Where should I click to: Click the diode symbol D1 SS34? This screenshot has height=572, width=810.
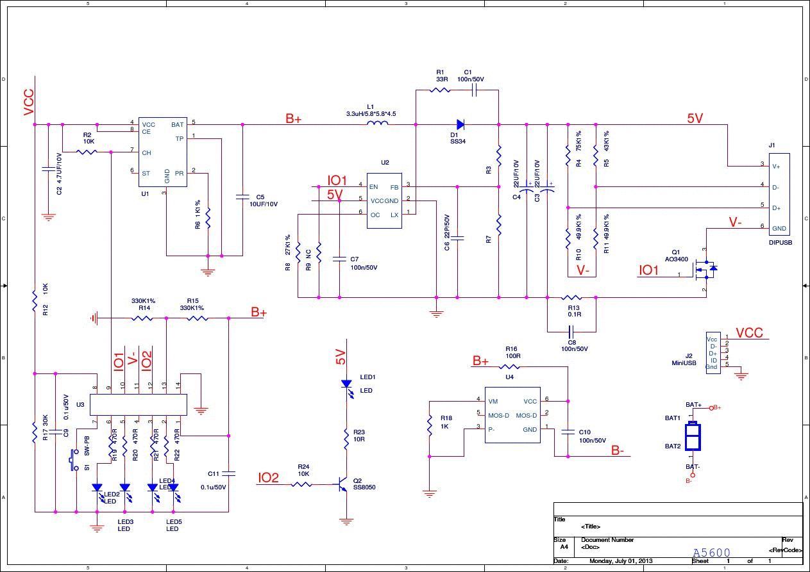(x=460, y=124)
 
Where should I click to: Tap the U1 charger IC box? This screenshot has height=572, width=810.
(x=164, y=152)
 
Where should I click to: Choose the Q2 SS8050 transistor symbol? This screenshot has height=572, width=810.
(x=344, y=485)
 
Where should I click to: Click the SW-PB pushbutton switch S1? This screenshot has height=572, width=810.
(x=74, y=459)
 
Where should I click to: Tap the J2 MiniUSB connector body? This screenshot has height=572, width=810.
(x=713, y=353)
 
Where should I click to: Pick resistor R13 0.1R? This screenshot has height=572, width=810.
(x=571, y=297)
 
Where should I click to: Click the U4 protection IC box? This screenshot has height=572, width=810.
(x=511, y=415)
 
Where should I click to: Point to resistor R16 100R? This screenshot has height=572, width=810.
(x=510, y=367)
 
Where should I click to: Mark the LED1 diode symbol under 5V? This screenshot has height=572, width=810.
(x=346, y=385)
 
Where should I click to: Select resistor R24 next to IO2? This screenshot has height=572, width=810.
(x=302, y=484)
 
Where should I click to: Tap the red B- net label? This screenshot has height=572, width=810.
(x=617, y=451)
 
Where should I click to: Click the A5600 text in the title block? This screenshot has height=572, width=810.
(x=711, y=553)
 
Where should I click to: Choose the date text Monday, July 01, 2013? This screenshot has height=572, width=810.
(x=620, y=561)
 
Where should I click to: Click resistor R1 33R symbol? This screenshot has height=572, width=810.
(x=440, y=90)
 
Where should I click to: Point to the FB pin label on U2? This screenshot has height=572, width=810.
(x=394, y=187)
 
